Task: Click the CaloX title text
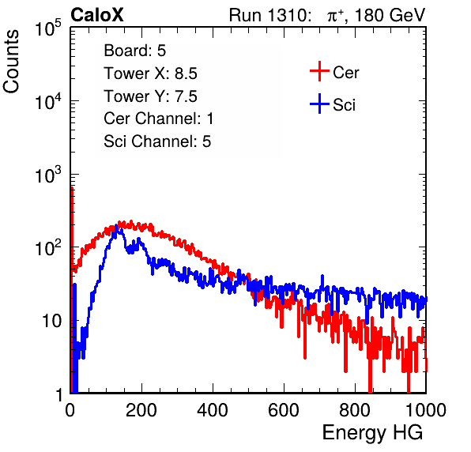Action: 97,15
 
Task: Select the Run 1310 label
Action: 269,15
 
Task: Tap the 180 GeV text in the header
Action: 390,15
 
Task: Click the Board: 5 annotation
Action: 135,51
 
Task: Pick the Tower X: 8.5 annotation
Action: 150,73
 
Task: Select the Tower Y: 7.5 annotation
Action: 150,96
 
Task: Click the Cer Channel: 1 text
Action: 159,119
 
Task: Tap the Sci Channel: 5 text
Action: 157,141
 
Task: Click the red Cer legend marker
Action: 319,71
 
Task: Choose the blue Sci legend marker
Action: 319,104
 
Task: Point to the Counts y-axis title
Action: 11,62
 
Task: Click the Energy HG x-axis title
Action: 372,433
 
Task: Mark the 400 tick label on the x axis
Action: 213,410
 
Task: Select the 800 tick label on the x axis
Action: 355,410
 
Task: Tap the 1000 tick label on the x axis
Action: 426,410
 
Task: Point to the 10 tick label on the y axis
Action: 51,321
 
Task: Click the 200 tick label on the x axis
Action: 141,410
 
